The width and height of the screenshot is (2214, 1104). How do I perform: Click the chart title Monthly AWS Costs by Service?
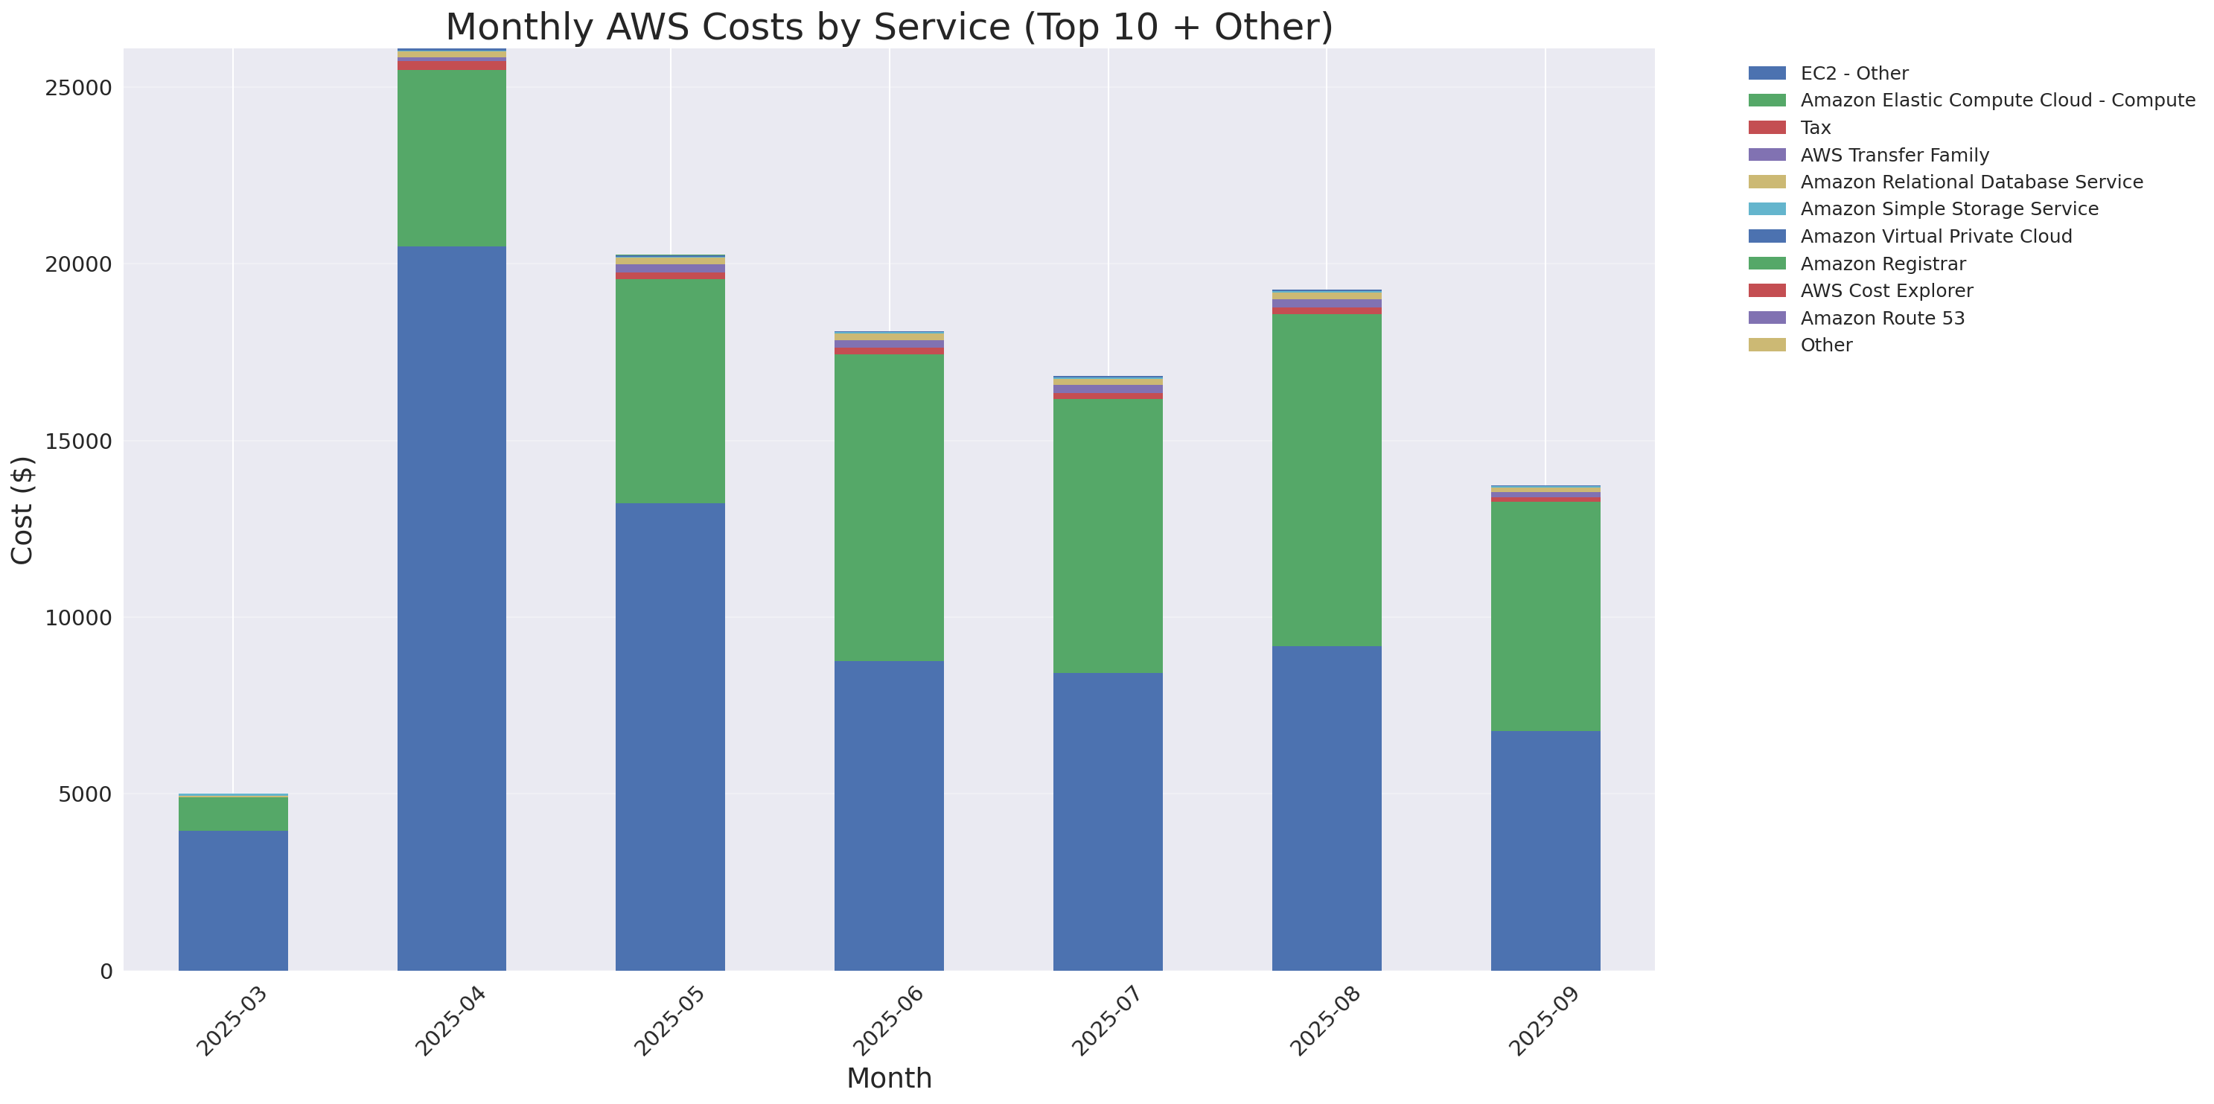coord(889,27)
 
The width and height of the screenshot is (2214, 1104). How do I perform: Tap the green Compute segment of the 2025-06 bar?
coord(889,507)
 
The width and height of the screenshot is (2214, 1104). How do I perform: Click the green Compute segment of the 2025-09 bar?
coord(1545,616)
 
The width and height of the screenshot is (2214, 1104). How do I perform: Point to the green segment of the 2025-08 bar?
coord(1326,479)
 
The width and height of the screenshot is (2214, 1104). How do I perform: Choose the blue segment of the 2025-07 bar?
coord(1107,820)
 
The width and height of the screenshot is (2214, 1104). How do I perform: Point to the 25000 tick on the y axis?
coord(78,89)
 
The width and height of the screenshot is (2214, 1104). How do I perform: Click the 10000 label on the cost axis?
coord(78,618)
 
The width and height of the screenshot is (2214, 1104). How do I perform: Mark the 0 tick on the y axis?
coord(106,971)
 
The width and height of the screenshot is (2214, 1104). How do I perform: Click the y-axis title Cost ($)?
coord(22,509)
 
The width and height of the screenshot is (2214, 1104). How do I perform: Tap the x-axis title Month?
coord(889,1077)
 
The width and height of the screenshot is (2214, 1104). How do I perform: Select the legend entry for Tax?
coord(1814,128)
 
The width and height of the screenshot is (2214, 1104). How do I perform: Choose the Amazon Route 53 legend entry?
coord(1881,319)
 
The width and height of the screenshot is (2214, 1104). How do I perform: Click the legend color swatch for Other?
coord(1767,345)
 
